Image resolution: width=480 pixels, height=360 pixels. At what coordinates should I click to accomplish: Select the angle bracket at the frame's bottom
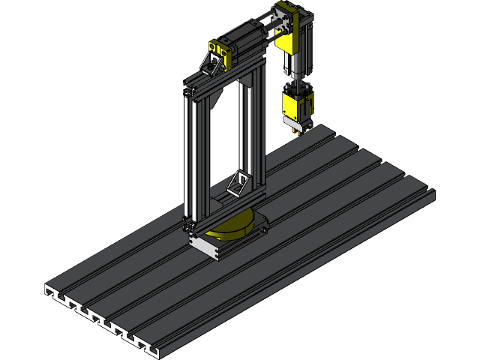pos(238,183)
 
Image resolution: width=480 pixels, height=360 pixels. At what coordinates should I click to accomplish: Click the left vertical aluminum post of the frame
pos(190,157)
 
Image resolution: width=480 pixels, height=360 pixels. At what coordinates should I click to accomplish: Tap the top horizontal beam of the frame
pos(225,79)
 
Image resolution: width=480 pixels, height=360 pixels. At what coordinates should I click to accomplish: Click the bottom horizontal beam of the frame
pos(225,210)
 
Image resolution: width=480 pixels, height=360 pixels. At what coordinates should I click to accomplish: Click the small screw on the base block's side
pos(196,241)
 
